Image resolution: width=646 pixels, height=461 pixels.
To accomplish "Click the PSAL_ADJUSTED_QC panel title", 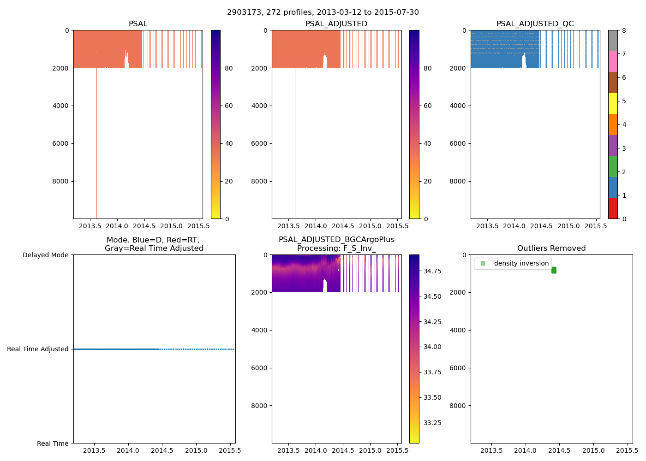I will click(x=535, y=24).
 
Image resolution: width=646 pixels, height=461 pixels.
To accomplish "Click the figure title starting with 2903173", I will click(x=323, y=12).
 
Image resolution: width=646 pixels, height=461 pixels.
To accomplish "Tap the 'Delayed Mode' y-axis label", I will click(x=45, y=255).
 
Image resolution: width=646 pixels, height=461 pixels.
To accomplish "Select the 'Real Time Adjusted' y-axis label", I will click(x=38, y=349).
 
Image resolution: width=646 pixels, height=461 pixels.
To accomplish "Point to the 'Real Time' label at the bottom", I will click(x=53, y=443).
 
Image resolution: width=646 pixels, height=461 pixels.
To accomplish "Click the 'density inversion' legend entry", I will click(x=521, y=264).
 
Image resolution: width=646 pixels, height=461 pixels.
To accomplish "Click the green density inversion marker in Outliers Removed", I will click(x=554, y=270).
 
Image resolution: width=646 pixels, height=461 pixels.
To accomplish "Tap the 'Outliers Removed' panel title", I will click(x=551, y=248).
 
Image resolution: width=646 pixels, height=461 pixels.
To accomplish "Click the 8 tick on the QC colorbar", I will click(x=624, y=30).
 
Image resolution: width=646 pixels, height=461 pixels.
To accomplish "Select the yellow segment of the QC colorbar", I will click(x=613, y=103).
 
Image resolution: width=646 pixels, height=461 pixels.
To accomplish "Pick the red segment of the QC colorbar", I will click(x=613, y=208).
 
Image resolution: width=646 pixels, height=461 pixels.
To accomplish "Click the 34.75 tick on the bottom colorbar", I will click(x=432, y=271).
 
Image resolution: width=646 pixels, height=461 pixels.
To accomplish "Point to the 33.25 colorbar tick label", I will click(x=432, y=423).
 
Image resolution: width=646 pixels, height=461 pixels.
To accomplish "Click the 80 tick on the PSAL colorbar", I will click(x=228, y=68).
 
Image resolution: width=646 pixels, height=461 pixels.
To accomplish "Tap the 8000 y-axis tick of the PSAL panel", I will click(x=61, y=181).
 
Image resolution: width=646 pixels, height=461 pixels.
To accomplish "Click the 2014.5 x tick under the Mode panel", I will click(x=162, y=450).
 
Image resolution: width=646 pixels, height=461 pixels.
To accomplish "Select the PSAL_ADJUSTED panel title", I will click(x=336, y=24).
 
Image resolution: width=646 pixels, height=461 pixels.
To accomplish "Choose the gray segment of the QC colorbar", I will click(x=613, y=41).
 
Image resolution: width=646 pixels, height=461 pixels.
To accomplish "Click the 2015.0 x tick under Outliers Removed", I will click(x=593, y=450).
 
